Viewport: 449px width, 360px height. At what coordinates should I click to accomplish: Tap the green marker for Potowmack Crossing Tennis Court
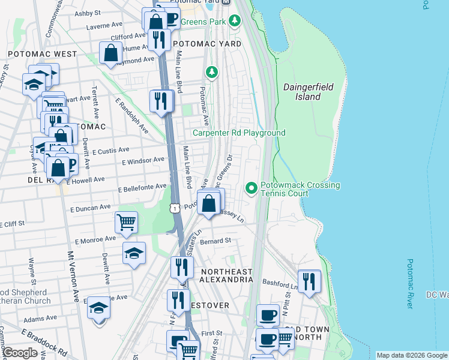[251, 189]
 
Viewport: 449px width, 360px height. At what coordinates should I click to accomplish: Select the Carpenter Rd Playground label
[238, 133]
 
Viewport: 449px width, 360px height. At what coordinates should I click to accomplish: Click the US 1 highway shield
[173, 208]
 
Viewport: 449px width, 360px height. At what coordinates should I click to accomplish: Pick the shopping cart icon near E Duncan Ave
[127, 222]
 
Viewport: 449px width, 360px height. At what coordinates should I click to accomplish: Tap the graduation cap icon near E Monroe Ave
[134, 253]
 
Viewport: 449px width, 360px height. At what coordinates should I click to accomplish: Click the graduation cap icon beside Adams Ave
[99, 308]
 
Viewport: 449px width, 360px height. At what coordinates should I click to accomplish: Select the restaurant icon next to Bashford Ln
[309, 281]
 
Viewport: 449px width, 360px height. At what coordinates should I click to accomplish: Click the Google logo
[20, 353]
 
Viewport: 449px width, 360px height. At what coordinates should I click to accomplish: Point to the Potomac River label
[410, 284]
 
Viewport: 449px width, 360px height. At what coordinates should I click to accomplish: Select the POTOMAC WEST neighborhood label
[42, 54]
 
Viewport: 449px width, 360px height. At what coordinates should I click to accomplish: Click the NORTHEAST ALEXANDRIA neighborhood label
[226, 276]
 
